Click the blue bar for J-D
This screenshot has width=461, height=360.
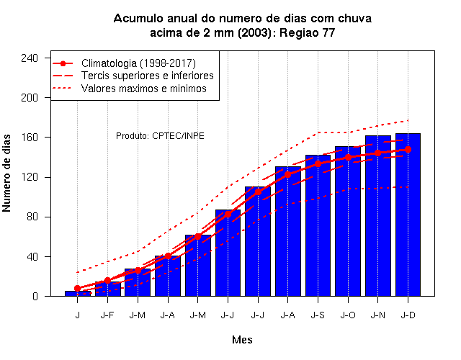click(x=408, y=215)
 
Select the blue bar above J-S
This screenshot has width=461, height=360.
click(x=318, y=225)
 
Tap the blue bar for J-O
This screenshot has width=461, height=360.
click(x=348, y=221)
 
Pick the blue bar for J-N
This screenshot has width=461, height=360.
click(x=378, y=216)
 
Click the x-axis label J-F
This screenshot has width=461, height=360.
click(x=107, y=315)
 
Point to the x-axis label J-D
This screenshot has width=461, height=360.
click(x=408, y=315)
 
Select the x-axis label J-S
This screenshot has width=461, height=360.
click(x=318, y=315)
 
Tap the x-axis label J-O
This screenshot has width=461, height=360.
click(x=348, y=315)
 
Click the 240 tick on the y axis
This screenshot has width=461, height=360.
click(x=30, y=58)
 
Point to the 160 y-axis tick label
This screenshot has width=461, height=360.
click(x=30, y=138)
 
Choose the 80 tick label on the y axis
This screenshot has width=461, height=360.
click(x=32, y=217)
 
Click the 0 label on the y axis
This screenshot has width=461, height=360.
click(x=35, y=296)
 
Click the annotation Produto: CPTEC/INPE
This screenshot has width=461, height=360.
click(x=160, y=136)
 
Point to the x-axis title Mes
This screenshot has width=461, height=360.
click(x=242, y=340)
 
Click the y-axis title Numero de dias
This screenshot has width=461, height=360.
click(x=6, y=173)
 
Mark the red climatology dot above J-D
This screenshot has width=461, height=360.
click(x=408, y=149)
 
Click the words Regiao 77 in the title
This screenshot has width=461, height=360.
click(x=307, y=32)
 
